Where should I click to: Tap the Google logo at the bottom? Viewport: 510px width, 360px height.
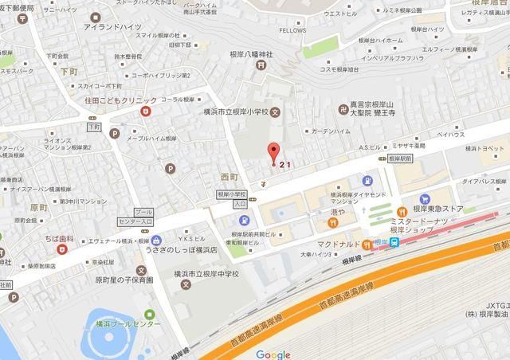tap(273, 354)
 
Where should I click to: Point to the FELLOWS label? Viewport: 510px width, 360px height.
tap(292, 30)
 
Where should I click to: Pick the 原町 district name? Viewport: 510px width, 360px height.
tap(38, 206)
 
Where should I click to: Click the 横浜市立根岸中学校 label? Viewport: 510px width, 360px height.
tap(196, 273)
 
